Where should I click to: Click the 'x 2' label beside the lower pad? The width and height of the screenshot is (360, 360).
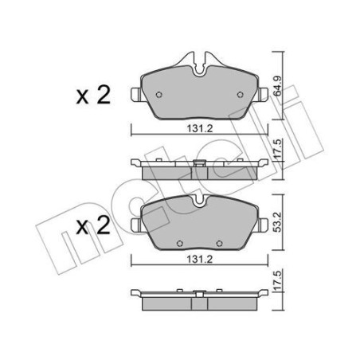(x=93, y=225)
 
